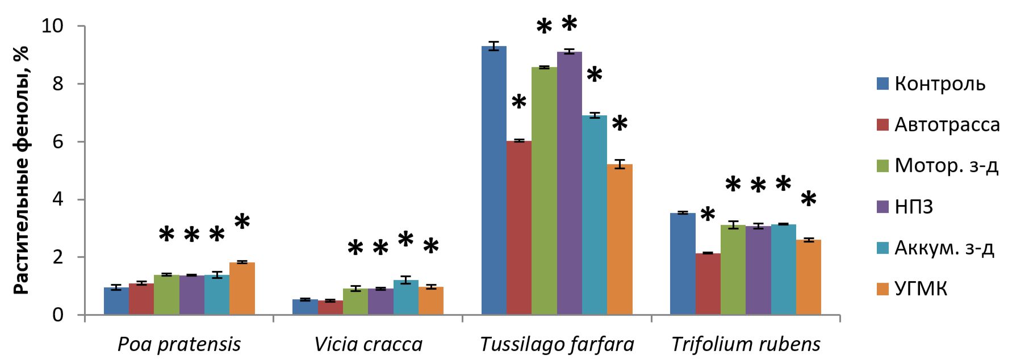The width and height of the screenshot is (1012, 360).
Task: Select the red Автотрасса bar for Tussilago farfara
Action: (518, 228)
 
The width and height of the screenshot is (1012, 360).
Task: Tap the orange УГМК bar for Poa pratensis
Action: (242, 288)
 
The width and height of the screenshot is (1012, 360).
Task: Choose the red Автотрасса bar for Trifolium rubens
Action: (708, 284)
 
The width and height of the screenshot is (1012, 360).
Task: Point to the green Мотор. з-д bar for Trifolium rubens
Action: (733, 270)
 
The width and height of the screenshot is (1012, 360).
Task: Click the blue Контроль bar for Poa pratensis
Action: (116, 301)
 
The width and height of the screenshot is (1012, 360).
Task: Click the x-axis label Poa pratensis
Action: (179, 344)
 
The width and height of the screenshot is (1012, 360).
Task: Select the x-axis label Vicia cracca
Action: (368, 344)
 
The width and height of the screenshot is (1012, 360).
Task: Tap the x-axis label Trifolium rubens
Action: (746, 344)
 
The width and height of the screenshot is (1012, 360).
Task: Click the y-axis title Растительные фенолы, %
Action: (21, 170)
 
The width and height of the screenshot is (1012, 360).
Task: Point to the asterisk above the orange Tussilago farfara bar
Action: (620, 123)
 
